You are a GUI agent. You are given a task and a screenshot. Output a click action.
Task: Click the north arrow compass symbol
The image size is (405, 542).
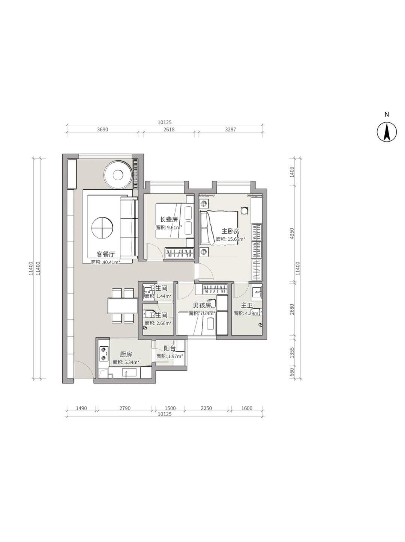[x=387, y=132]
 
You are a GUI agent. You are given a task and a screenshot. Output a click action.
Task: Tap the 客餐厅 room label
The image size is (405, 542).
[x=105, y=254]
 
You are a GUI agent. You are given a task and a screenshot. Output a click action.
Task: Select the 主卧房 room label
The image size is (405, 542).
[x=231, y=231]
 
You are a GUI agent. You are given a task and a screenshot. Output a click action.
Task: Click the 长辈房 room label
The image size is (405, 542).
[x=169, y=219]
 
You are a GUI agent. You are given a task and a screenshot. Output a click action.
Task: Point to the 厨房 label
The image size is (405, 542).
[x=126, y=354]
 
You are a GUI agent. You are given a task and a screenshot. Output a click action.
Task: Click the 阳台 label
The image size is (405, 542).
[x=170, y=349]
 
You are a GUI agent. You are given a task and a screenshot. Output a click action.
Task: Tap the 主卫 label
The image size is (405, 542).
[x=247, y=305]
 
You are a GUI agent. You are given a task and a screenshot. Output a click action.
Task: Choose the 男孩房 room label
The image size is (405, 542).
[x=202, y=306]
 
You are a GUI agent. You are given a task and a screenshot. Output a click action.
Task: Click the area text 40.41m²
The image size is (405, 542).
[x=111, y=262]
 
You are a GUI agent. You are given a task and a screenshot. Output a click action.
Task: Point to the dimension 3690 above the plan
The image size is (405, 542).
[x=102, y=129]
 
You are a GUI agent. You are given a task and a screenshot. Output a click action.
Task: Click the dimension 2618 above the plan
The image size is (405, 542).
[x=169, y=129]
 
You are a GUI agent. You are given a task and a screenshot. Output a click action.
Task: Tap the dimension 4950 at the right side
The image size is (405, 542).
[x=292, y=234]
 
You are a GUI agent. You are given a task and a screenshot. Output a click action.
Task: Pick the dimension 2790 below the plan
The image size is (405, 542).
[x=125, y=408]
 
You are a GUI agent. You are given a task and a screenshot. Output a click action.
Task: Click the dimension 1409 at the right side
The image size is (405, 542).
[x=292, y=172]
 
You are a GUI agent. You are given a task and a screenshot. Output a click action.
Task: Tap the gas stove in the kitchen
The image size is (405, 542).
[x=104, y=353]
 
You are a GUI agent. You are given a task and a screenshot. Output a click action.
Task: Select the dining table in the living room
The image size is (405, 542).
[x=123, y=306]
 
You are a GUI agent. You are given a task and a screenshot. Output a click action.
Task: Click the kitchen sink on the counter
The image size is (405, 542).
[x=129, y=372]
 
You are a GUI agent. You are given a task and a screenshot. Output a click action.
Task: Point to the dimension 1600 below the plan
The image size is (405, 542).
[x=247, y=408]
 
